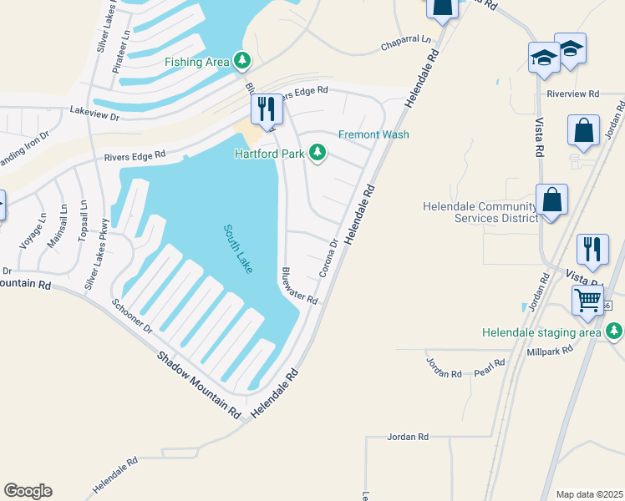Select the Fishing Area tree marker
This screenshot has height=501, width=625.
coord(242,60)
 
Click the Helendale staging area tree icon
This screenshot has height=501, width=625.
coord(614,332)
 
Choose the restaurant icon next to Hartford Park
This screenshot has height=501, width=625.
coord(267,109)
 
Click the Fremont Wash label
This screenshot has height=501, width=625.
coord(373,134)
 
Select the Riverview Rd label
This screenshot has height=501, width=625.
coord(573,94)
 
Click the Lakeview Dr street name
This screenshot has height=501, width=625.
coord(95,109)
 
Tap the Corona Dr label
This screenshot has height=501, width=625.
coord(328,259)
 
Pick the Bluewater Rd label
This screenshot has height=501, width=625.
coord(299,286)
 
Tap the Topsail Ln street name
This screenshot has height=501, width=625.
coord(82,221)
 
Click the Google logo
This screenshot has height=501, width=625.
coord(28,491)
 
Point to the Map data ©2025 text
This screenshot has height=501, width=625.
coord(589,494)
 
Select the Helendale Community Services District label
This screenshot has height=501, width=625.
coord(480,212)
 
